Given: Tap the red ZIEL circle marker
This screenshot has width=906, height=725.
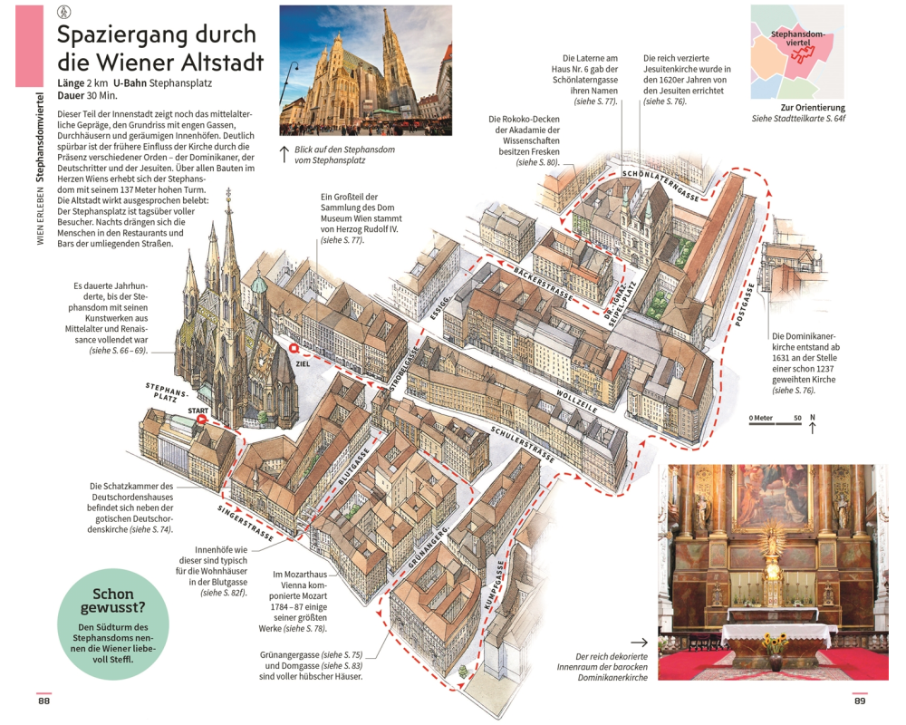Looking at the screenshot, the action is click(294, 349).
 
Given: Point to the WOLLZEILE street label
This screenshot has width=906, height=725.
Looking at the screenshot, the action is click(577, 401).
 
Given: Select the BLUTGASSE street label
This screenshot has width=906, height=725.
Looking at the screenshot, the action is click(353, 467).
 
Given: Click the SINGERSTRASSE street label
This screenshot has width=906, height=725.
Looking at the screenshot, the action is click(245, 523).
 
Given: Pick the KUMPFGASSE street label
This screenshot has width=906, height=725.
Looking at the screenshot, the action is click(494, 585).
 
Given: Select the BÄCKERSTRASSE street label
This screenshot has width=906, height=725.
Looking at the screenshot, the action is click(543, 284).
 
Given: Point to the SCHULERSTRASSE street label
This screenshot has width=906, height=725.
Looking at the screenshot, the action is click(523, 445).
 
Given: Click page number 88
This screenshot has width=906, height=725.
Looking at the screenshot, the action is click(43, 701).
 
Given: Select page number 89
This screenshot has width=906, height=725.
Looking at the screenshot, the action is click(860, 701).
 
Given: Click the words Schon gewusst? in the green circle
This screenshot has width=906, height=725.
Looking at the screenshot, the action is click(113, 601).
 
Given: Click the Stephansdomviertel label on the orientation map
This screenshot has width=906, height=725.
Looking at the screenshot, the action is click(798, 38).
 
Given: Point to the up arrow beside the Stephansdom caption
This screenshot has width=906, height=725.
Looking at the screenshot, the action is click(284, 154).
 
